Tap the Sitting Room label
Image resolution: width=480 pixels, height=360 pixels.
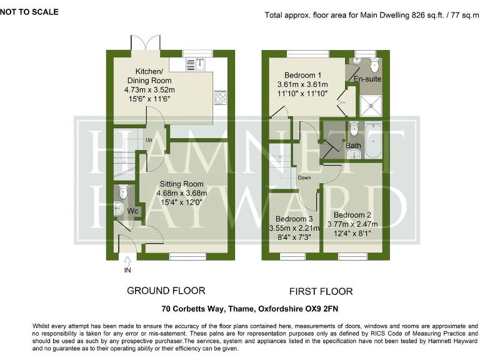click(x=181, y=184)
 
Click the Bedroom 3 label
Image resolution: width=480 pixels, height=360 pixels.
click(x=295, y=219)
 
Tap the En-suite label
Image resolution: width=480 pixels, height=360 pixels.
click(x=367, y=80)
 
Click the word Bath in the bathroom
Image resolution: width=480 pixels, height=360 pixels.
click(x=353, y=146)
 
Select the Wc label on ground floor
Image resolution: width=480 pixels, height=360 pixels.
click(x=132, y=211)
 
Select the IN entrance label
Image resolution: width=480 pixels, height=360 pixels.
click(x=127, y=270)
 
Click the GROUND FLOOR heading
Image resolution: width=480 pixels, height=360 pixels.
click(x=166, y=291)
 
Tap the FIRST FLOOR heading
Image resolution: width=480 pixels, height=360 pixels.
click(x=321, y=291)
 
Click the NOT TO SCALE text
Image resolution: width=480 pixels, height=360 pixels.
click(x=29, y=11)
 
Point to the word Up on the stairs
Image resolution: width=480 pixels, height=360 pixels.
click(x=149, y=140)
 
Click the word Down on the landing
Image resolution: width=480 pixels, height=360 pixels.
click(x=304, y=177)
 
